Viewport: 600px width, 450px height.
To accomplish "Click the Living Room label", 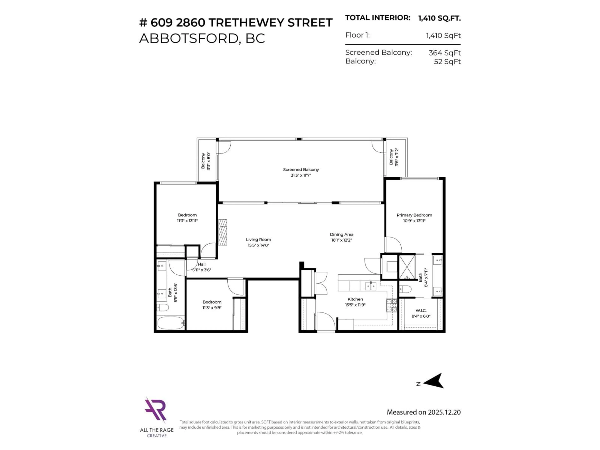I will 258,240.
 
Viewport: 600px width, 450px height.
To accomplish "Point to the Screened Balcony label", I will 301,170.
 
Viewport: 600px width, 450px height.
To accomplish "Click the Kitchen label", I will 355,299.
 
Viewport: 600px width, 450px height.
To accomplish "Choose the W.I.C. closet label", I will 421,311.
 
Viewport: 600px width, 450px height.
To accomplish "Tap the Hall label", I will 202,264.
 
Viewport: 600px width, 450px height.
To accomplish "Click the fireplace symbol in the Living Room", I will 222,232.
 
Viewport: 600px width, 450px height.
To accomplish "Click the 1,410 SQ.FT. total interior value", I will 439,18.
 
